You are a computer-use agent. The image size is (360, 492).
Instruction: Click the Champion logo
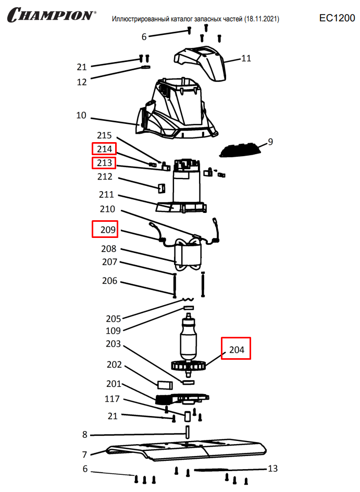[x=52, y=15]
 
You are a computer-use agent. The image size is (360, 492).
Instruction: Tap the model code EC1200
[x=337, y=18]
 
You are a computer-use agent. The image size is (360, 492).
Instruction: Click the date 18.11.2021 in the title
[x=262, y=19]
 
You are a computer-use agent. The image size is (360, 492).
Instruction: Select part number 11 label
[x=246, y=58]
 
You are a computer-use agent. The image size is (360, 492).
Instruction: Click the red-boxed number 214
[x=104, y=149]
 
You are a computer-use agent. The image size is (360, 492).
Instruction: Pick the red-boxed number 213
[x=104, y=163]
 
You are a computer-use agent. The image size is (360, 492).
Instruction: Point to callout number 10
[x=81, y=116]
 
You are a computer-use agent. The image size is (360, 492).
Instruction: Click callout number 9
[x=270, y=142]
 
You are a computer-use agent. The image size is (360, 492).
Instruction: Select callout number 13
[x=273, y=469]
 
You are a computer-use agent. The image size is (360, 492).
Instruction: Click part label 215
[x=104, y=135]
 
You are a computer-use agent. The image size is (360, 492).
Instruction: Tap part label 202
[x=114, y=364]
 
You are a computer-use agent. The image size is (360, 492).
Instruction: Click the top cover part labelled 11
[x=201, y=63]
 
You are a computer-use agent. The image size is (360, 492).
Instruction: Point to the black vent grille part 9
[x=241, y=150]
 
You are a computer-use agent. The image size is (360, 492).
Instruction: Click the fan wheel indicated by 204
[x=188, y=365]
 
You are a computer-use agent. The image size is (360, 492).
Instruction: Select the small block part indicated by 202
[x=165, y=385]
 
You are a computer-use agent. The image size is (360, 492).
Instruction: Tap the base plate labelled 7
[x=186, y=450]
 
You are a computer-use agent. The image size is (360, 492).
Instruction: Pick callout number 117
[x=113, y=399]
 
